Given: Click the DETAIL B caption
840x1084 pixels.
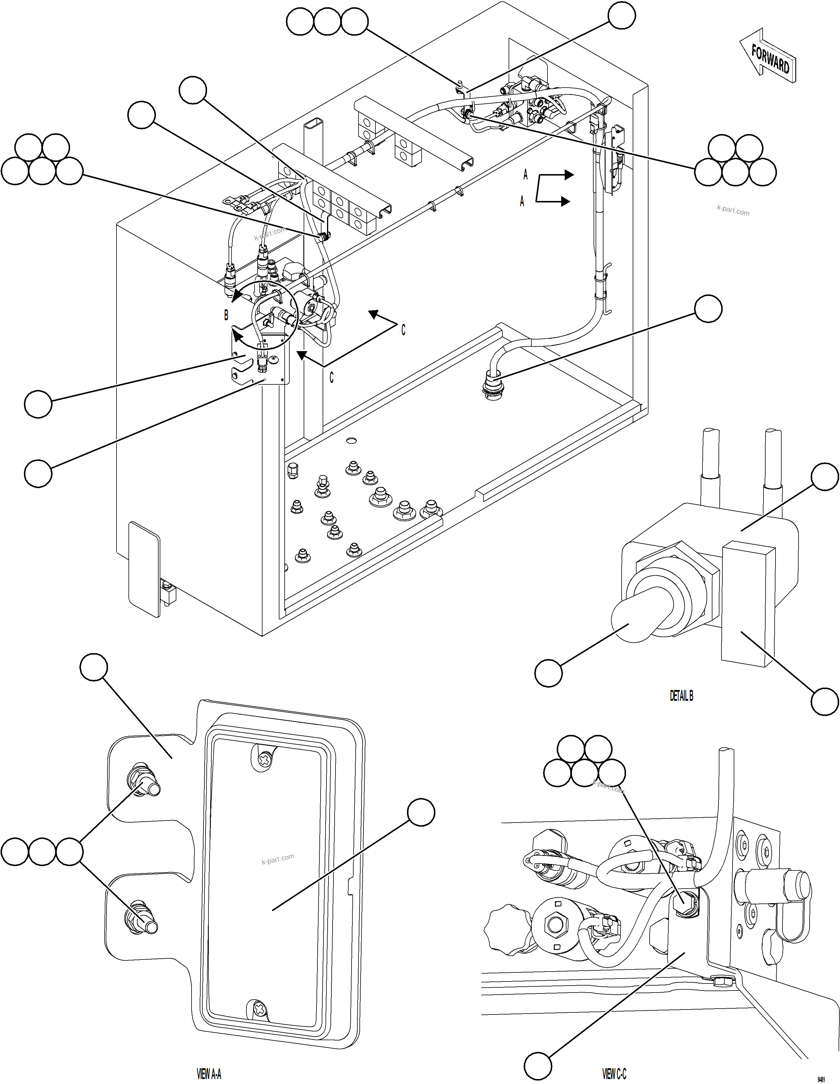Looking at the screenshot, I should (x=681, y=696).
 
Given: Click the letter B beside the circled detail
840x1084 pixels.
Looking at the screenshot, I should (x=226, y=315).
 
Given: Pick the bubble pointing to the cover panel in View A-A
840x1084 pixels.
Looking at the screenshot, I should (x=421, y=812).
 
